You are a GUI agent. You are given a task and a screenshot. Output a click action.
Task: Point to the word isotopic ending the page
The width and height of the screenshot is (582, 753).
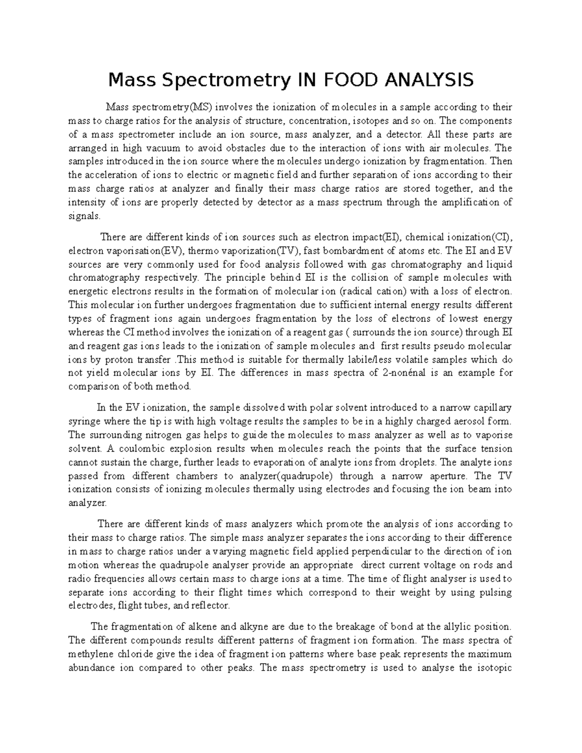[x=493, y=668]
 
